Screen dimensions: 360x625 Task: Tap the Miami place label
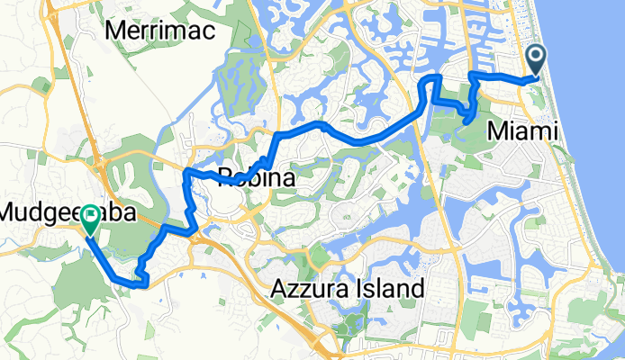(521, 132)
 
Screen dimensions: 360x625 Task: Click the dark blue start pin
(536, 61)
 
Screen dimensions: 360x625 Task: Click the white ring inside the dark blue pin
(536, 58)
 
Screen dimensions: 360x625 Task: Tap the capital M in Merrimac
(115, 30)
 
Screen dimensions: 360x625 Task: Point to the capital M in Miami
(494, 132)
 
